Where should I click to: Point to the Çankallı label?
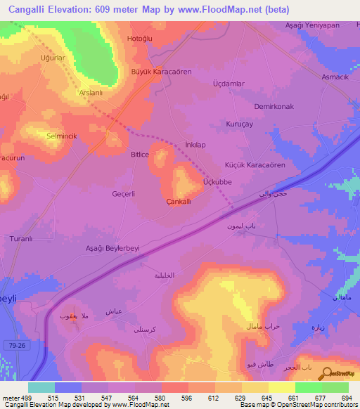tap(179, 202)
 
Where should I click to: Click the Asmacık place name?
tap(335, 77)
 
